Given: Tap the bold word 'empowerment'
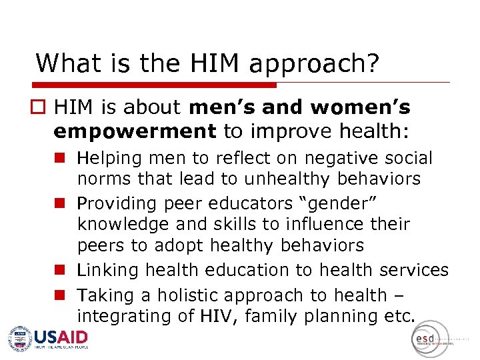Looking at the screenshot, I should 135,131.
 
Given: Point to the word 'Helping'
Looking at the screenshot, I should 109,159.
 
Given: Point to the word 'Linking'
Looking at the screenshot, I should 108,270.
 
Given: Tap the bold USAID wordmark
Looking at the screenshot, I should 61,337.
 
